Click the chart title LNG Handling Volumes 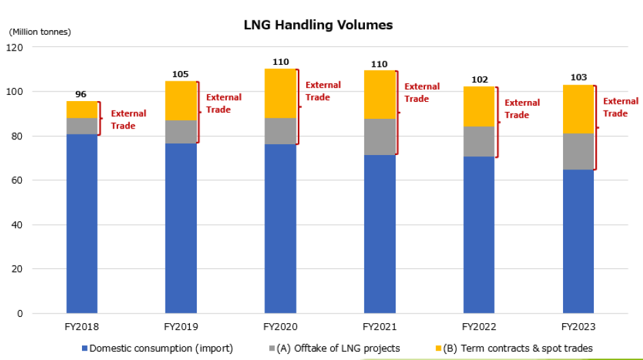318,25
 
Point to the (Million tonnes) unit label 40,31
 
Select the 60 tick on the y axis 18,180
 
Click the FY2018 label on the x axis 82,327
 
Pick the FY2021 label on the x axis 380,327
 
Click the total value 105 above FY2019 180,74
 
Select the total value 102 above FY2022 478,79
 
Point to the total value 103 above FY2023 578,77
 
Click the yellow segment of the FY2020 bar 280,94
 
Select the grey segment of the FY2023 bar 578,152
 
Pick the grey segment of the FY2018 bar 82,126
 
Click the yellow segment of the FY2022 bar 478,107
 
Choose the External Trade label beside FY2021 422,93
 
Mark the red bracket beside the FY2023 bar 596,127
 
